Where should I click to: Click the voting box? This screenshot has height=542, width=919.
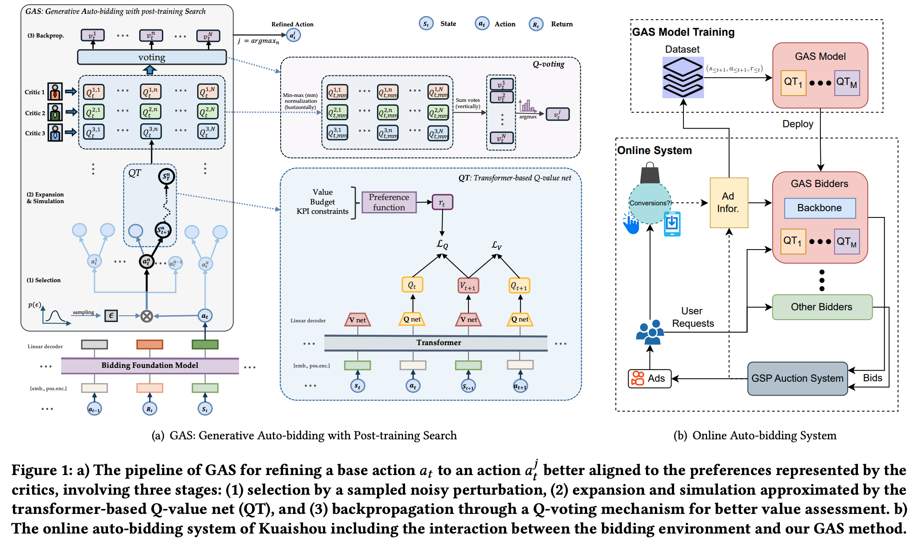click(x=152, y=57)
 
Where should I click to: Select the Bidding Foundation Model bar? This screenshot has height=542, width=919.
click(x=150, y=365)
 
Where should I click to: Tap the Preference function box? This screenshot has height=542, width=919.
click(x=389, y=202)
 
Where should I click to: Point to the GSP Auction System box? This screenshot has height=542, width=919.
click(x=797, y=379)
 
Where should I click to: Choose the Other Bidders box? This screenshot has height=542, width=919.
click(x=822, y=307)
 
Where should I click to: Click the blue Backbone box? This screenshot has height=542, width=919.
click(x=820, y=208)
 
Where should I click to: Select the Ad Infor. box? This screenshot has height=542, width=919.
click(x=729, y=203)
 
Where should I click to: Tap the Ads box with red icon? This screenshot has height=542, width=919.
click(x=649, y=379)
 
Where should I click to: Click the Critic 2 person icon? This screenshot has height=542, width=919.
click(x=55, y=113)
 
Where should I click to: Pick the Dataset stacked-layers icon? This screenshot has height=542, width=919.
click(x=683, y=77)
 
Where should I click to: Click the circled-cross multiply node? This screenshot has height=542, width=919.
click(x=146, y=316)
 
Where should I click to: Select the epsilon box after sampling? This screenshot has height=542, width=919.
click(x=111, y=316)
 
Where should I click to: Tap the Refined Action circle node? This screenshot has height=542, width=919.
click(x=293, y=35)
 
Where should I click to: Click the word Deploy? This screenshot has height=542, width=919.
click(x=798, y=124)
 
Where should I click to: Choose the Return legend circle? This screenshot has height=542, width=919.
click(x=536, y=24)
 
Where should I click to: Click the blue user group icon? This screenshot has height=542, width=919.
click(x=649, y=332)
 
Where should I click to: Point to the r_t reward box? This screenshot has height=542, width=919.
click(x=442, y=202)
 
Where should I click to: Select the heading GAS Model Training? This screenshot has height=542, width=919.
click(x=683, y=32)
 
